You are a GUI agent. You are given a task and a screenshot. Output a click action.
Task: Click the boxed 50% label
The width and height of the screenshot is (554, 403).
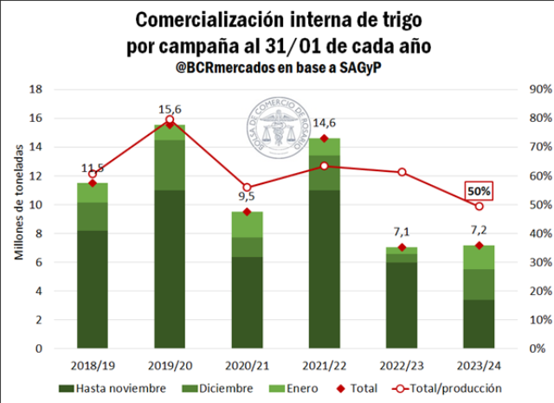click(479, 190)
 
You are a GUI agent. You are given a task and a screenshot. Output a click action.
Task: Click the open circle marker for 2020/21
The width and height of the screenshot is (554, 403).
click(247, 188)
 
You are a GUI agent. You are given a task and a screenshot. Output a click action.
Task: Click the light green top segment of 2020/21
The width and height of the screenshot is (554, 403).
click(247, 224)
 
